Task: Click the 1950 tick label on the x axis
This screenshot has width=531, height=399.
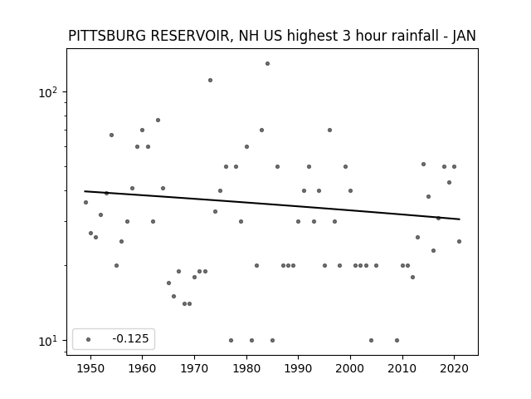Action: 90,368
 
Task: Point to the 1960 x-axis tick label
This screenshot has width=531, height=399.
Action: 142,368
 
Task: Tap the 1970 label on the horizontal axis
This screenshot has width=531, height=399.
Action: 194,368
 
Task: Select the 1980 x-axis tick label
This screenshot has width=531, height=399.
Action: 246,368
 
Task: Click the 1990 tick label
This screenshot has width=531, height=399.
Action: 299,368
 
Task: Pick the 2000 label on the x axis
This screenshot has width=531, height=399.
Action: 350,368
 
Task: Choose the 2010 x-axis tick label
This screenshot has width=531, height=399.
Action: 402,368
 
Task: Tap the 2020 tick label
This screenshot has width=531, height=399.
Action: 455,368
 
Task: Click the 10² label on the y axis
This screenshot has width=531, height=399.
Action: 48,92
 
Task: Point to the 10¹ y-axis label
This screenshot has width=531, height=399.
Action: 48,341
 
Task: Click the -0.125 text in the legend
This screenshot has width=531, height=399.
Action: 130,338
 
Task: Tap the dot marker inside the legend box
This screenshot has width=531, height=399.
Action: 89,339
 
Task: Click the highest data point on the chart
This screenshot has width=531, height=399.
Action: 267,63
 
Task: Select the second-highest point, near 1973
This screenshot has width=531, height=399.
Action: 210,80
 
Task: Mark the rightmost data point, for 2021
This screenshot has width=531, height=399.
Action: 459,242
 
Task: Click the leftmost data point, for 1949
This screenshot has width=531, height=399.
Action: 85,202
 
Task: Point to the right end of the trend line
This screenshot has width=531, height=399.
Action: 460,219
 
